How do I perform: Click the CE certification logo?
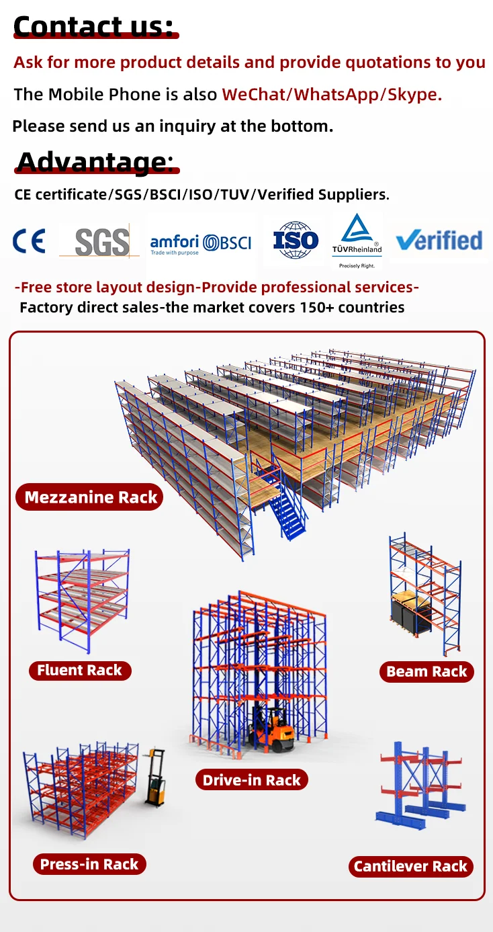point(29,241)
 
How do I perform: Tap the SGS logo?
point(101,241)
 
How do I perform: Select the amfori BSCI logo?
point(200,243)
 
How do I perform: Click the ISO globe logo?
point(296,240)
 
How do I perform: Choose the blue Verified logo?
point(439,240)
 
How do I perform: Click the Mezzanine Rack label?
point(90,497)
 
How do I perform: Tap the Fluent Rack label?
point(79,670)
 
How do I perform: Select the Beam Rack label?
point(427,671)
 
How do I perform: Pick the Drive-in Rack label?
point(252,780)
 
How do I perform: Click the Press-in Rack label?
point(89,864)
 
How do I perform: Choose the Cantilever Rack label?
point(410,866)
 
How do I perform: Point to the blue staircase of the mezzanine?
point(285,511)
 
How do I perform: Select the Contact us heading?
point(93,26)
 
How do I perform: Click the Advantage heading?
point(95,162)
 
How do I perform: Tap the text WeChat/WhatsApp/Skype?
point(332,94)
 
